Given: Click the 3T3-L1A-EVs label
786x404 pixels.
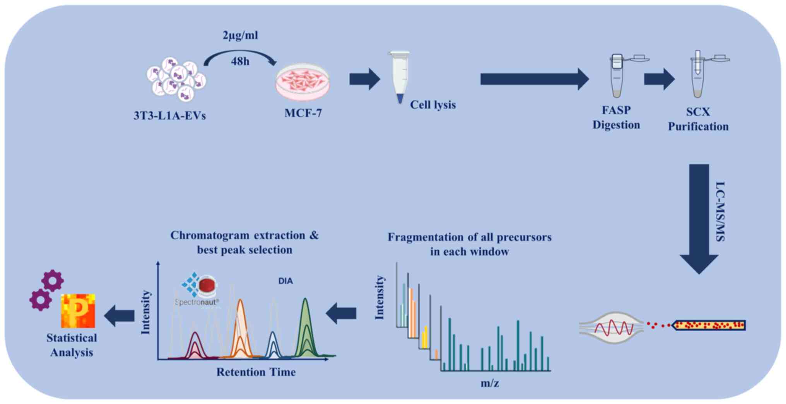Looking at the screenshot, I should [169, 115].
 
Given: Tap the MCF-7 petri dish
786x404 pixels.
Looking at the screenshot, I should [302, 82].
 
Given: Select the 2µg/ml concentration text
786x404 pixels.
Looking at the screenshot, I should [240, 36].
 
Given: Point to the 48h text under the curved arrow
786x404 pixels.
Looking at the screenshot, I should [240, 61].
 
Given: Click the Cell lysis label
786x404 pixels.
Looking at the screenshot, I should [433, 105].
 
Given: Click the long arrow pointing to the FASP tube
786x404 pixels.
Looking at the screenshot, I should [534, 79].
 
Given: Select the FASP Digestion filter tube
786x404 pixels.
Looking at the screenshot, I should [617, 75].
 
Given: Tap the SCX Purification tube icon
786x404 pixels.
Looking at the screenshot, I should [698, 74].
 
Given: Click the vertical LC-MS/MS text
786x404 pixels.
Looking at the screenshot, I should [720, 212].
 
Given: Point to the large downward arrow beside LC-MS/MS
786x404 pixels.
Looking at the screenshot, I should [699, 218].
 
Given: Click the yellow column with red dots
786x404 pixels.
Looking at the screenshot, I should [709, 325].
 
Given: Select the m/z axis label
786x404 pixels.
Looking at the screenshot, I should [490, 383].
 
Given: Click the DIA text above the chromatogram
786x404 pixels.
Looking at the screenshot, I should [285, 281].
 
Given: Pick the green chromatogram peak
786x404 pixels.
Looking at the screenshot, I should [306, 328].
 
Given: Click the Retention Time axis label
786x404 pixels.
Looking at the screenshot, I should [256, 372].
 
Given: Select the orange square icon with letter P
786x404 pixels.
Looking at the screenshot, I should [78, 311].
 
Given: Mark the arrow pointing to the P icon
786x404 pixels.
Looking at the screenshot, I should [120, 316].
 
